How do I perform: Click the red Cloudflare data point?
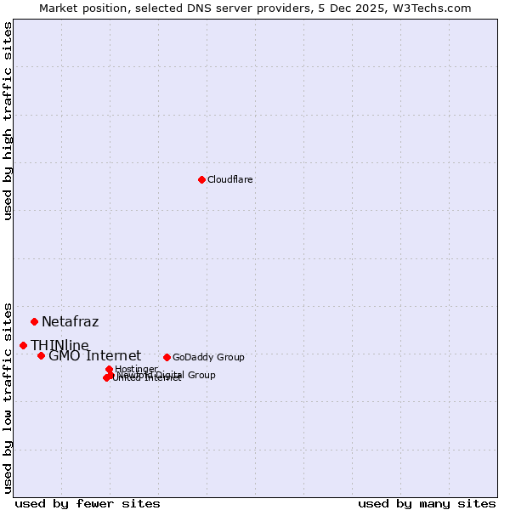tap(201, 179)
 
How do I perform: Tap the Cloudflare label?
tap(230, 179)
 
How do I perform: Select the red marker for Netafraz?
tap(34, 321)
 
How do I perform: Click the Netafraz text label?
tap(70, 321)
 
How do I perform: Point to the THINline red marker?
tap(23, 345)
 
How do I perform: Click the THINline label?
tap(59, 345)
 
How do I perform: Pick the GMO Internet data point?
tap(41, 355)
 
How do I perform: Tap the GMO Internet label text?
tap(94, 355)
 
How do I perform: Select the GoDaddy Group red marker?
tap(167, 357)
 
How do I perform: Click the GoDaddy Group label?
tap(208, 357)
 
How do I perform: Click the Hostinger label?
tap(136, 369)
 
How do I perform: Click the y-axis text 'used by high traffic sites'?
tap(8, 121)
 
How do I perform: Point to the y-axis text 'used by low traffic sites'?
tap(8, 397)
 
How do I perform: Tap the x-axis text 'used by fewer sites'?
tap(88, 503)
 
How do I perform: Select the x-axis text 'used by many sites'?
tap(427, 503)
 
